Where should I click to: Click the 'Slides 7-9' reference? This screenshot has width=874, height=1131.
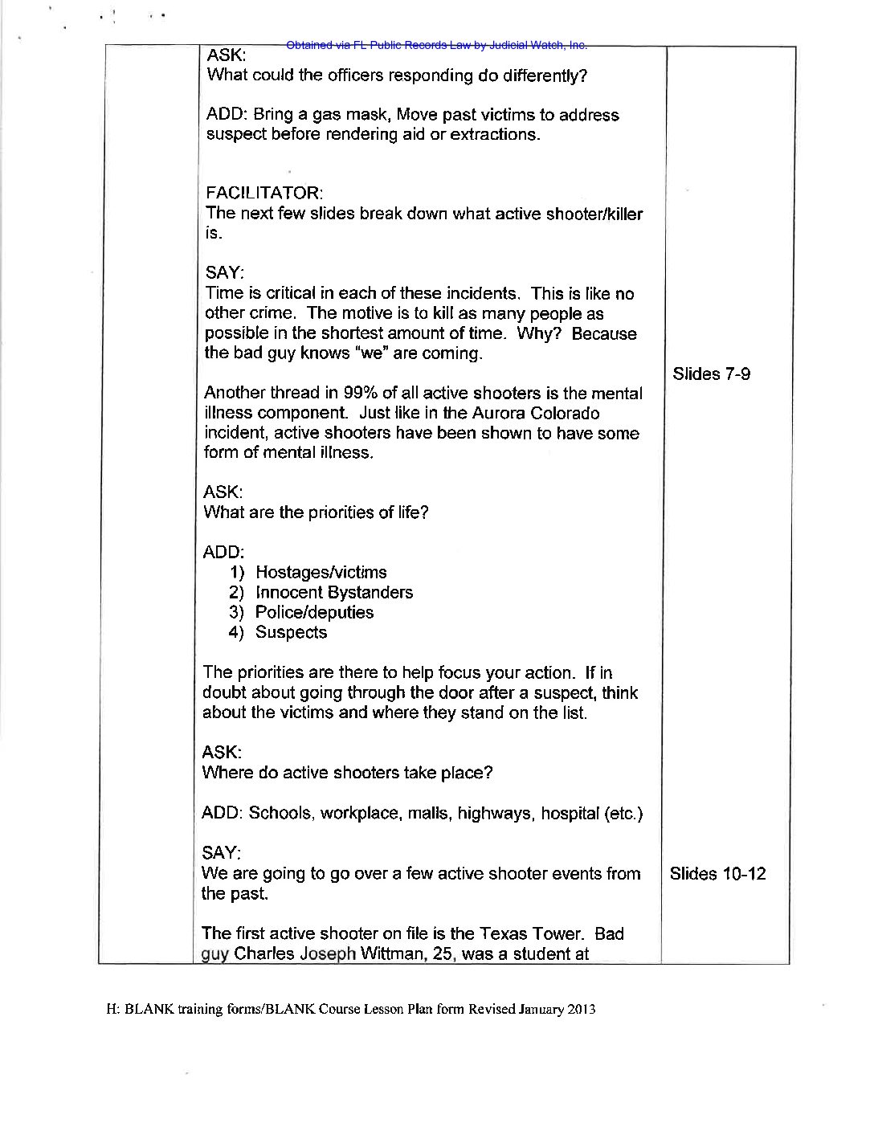711,374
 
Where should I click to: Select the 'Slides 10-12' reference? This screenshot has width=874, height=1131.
717,874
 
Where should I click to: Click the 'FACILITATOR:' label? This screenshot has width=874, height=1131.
264,194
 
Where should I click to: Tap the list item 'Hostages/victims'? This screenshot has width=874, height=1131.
321,572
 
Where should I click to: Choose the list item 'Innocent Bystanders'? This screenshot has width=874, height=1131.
334,592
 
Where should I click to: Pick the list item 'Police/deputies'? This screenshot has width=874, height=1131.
314,612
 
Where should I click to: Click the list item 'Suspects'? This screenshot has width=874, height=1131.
291,632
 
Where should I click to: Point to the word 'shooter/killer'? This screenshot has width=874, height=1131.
594,214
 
